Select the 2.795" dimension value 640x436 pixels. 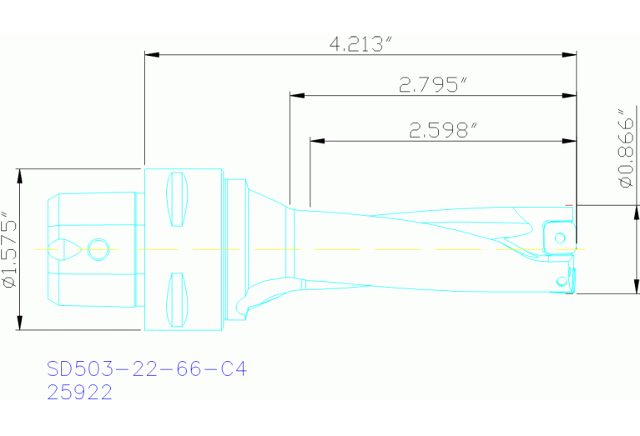[x=432, y=84]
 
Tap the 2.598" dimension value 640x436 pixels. [x=442, y=130]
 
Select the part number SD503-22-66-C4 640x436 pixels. [x=147, y=368]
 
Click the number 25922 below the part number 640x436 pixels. [x=80, y=393]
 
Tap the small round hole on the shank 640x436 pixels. [x=98, y=249]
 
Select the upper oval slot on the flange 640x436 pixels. [x=177, y=199]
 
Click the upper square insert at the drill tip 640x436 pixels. [x=559, y=236]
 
